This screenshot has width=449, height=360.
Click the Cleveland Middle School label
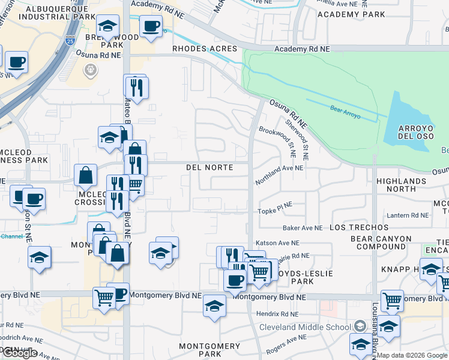[304, 327]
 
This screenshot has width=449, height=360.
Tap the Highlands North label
[401, 185]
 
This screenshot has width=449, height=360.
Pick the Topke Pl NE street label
[275, 205]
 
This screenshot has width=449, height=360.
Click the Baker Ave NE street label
[303, 228]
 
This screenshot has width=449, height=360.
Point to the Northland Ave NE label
[279, 169]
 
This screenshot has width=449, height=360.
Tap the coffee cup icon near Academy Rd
[150, 26]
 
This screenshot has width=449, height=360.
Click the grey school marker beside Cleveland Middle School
[360, 326]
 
